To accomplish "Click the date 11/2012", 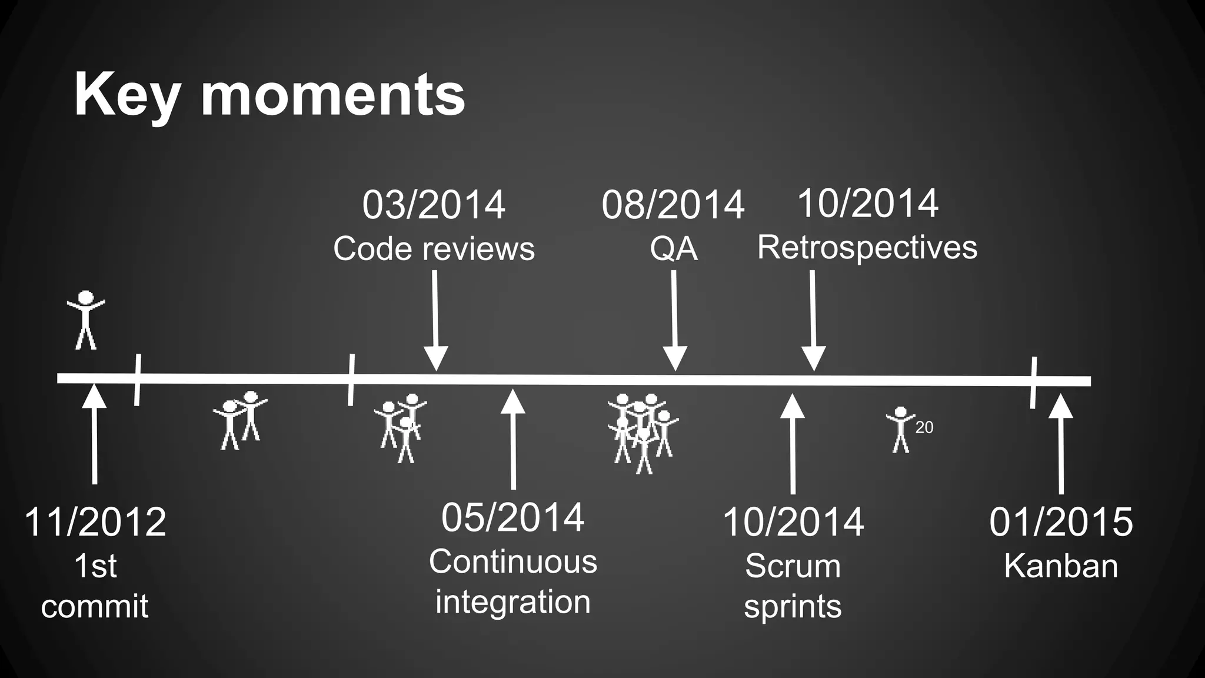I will (x=95, y=522).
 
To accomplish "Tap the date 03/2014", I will (x=434, y=205).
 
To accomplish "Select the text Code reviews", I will (x=434, y=248).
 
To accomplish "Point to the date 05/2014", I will (x=512, y=517).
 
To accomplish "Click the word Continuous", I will (x=512, y=561).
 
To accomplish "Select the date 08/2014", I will (x=673, y=205).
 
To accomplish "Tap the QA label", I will (x=674, y=249).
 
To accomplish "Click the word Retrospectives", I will (x=867, y=247).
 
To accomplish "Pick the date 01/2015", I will (x=1060, y=522).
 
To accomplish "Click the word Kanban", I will (x=1060, y=566).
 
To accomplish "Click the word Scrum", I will (x=793, y=566).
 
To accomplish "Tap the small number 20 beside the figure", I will (x=924, y=428).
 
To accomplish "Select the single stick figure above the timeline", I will (x=86, y=320).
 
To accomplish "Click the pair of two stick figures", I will (x=240, y=420).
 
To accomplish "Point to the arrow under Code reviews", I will (x=435, y=321).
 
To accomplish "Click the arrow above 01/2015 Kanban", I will (x=1061, y=444).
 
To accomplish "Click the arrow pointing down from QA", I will (x=674, y=321).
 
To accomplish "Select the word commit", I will (x=95, y=606).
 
